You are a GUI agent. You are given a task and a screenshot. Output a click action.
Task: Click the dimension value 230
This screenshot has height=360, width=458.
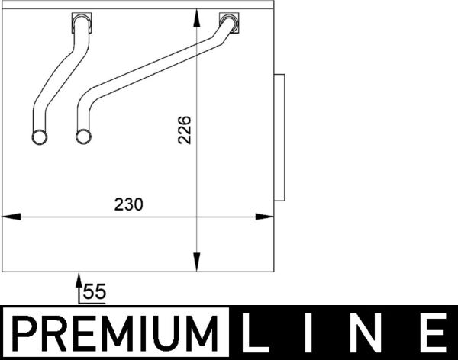tap(128, 204)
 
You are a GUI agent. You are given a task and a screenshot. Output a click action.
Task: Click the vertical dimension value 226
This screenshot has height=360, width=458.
tap(184, 130)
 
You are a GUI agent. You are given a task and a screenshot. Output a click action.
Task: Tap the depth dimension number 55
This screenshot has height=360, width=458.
tap(94, 291)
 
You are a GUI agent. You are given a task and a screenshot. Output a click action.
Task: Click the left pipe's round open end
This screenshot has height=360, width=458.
tap(39, 137)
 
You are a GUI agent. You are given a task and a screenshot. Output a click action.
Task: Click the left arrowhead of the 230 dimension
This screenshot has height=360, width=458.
tap(9, 217)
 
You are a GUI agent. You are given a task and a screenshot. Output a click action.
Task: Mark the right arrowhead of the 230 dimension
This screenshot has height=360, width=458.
tap(266, 217)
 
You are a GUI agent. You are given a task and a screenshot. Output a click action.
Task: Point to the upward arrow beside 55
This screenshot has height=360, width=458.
tap(78, 287)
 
